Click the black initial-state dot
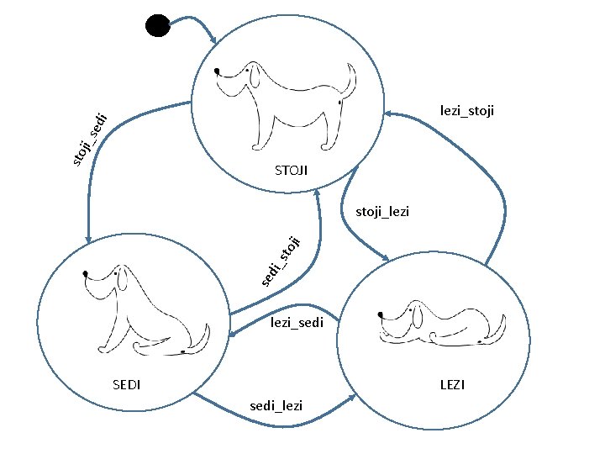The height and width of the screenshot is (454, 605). (x=157, y=25)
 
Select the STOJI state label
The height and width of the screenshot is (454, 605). (x=291, y=171)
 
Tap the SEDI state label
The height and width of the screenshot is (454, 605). (x=126, y=385)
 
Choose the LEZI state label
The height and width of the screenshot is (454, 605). (x=452, y=385)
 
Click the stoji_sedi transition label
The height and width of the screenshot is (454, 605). (x=88, y=137)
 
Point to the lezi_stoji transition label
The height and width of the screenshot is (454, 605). (x=466, y=110)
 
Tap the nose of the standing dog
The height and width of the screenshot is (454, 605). (x=218, y=71)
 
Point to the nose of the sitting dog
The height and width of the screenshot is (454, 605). (x=87, y=273)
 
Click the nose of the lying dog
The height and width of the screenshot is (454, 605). (x=381, y=314)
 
